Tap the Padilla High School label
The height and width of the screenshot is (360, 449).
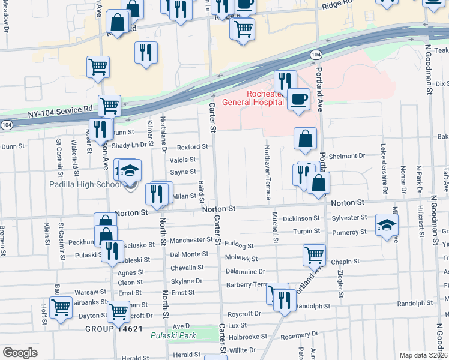(x=85, y=185)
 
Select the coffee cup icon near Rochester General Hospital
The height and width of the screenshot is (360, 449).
(x=298, y=100)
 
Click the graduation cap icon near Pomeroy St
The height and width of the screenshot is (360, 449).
(x=387, y=226)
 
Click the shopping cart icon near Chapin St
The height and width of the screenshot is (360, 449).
(x=315, y=256)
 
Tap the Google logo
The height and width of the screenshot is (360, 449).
(x=20, y=353)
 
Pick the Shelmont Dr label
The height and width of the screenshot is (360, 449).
(x=347, y=156)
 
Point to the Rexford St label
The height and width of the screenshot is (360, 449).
(x=192, y=147)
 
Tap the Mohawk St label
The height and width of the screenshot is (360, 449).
(x=241, y=259)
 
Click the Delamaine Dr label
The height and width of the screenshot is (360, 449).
(x=245, y=271)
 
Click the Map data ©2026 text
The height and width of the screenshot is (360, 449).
(x=424, y=355)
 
